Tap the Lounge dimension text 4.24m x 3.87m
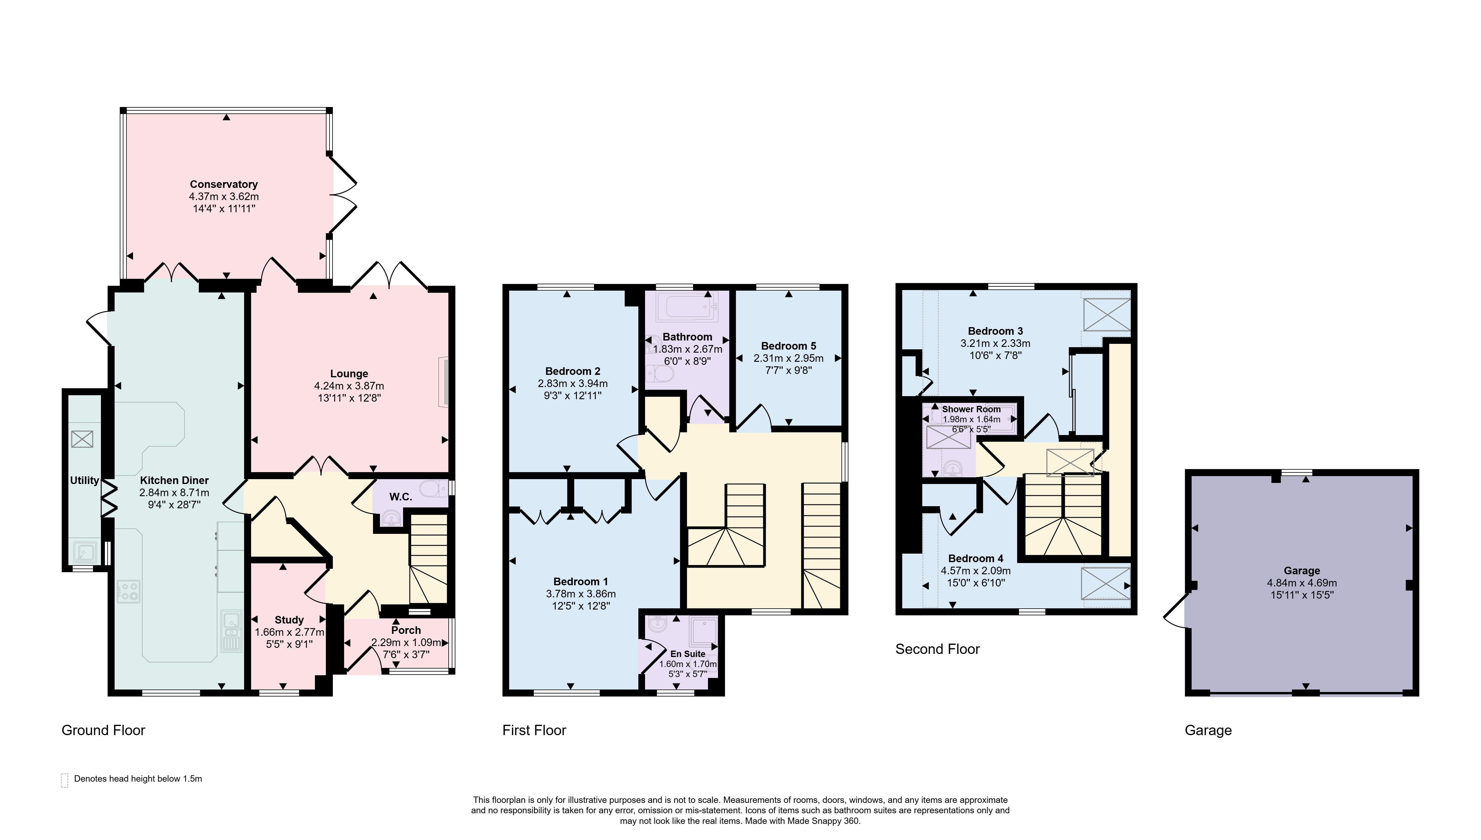pyautogui.click(x=349, y=386)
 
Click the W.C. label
pyautogui.click(x=400, y=497)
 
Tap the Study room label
pyautogui.click(x=289, y=620)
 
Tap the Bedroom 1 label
pyautogui.click(x=581, y=582)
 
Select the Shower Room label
pyautogui.click(x=971, y=409)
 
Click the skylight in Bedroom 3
pyautogui.click(x=1107, y=314)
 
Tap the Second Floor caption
pyautogui.click(x=937, y=649)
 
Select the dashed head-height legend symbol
pyautogui.click(x=64, y=780)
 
